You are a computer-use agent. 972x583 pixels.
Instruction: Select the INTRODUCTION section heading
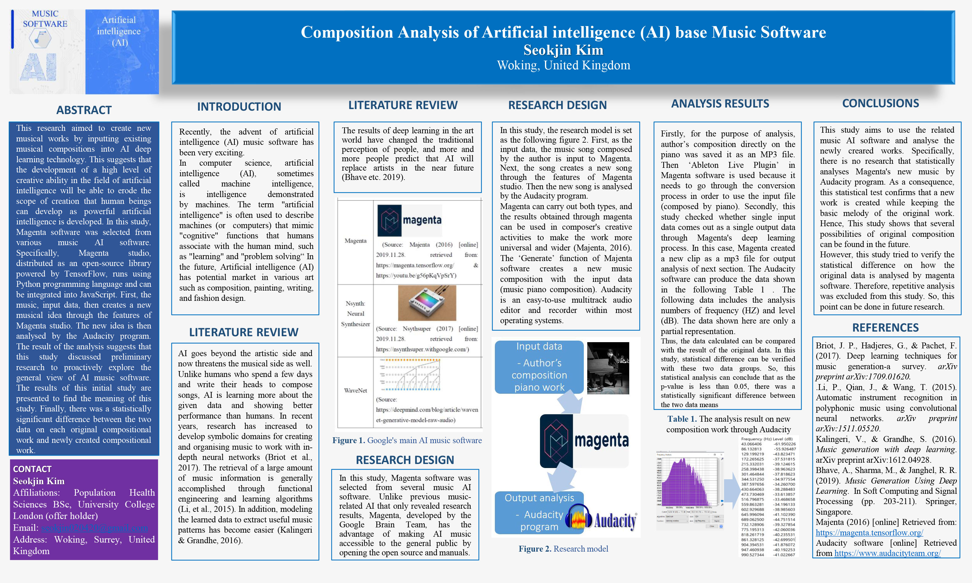click(239, 107)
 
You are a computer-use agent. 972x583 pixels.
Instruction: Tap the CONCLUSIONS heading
click(880, 103)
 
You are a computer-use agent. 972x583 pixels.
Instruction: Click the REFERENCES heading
click(885, 328)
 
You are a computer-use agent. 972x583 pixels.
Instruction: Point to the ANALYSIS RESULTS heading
click(720, 104)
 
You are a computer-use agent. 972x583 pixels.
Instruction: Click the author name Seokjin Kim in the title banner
click(563, 50)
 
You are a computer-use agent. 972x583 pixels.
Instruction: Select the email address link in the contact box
click(94, 528)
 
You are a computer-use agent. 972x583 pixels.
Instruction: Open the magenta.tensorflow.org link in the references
click(869, 533)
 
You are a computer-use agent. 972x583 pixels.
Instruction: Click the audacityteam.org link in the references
click(887, 553)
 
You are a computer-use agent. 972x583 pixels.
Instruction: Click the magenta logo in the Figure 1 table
click(409, 220)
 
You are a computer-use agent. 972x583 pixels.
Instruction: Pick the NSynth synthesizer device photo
click(427, 303)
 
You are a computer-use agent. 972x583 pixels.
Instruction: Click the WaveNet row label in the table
click(356, 391)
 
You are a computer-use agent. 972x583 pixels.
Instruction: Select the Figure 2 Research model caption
click(563, 549)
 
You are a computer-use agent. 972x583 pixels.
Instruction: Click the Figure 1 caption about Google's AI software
click(407, 440)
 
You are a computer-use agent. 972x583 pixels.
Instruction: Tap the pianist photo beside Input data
click(607, 368)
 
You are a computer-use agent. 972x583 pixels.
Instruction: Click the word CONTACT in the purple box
click(32, 469)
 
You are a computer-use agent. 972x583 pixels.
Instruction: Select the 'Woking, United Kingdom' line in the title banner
click(563, 65)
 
